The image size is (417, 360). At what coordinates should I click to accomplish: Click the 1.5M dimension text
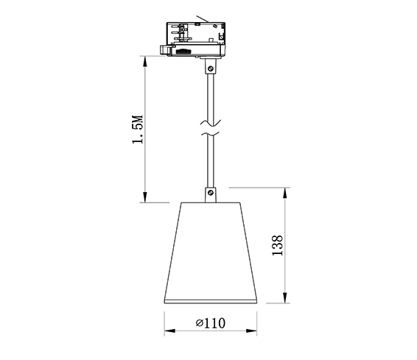coord(138,130)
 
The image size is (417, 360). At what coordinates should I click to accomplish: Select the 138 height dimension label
coord(277,245)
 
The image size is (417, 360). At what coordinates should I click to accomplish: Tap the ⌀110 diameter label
coord(211,322)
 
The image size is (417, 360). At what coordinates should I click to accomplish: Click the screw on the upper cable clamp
coord(211,68)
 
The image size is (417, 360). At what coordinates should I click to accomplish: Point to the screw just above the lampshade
coord(211,193)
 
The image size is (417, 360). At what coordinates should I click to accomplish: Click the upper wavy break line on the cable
coord(211,123)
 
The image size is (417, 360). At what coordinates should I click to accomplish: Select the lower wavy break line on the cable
coord(210,134)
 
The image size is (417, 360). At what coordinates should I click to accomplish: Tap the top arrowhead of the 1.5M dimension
coord(145,61)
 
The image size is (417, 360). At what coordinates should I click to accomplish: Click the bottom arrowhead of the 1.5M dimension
coord(145,197)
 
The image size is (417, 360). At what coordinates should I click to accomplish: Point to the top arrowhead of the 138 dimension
coord(285,193)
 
